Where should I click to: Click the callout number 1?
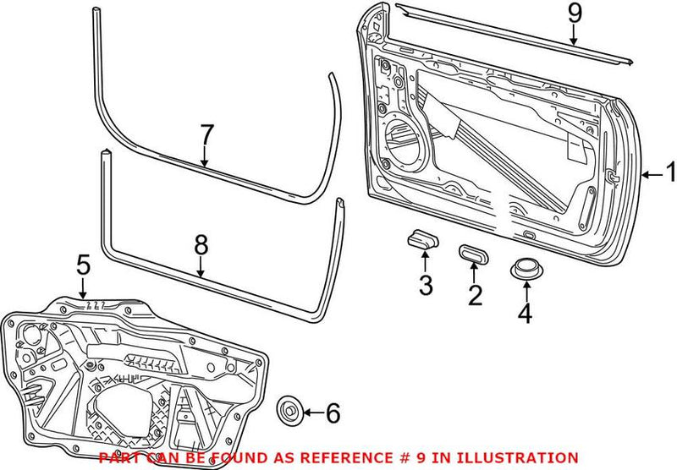(x=669, y=175)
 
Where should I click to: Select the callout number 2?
(x=475, y=294)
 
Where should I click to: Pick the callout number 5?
(x=82, y=266)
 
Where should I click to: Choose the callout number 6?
(x=332, y=413)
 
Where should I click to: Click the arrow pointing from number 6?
(x=311, y=413)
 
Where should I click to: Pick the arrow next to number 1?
(x=650, y=175)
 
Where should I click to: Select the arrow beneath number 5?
(x=82, y=287)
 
